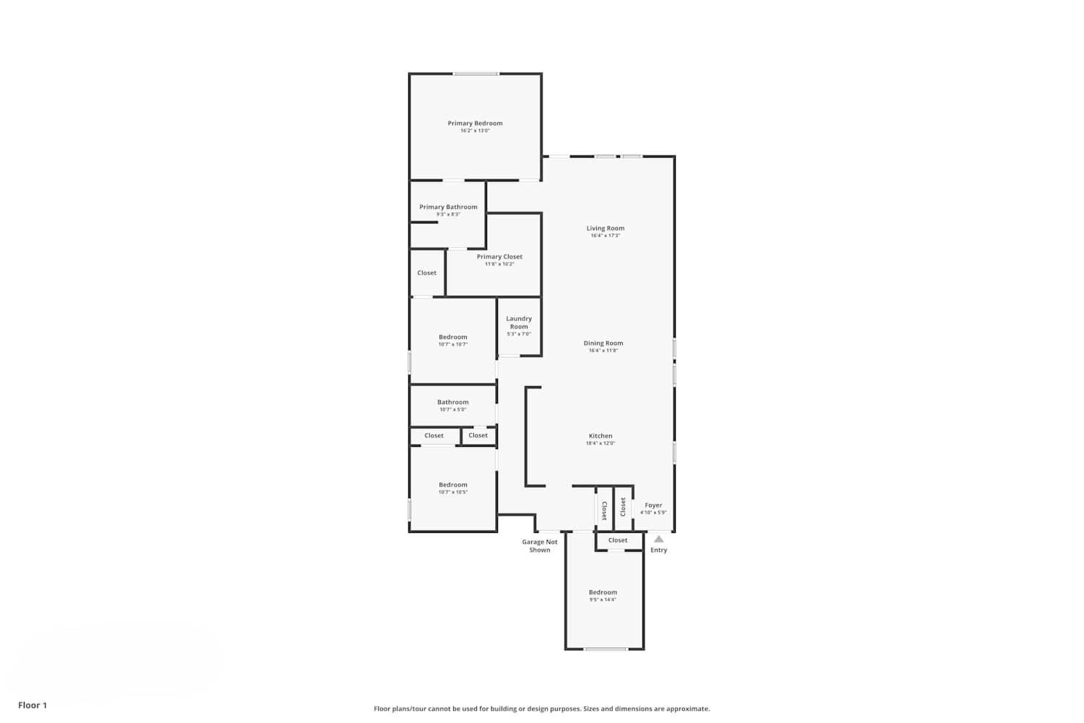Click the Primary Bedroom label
[475, 124]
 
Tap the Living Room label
[605, 228]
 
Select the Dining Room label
[603, 343]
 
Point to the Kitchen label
[601, 436]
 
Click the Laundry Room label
[519, 322]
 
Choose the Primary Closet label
[499, 257]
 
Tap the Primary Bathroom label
[448, 208]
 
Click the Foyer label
[653, 505]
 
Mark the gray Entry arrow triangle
[658, 539]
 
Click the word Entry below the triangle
[658, 550]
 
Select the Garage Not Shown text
[540, 546]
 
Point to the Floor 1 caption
[33, 705]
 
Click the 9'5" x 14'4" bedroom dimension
[603, 600]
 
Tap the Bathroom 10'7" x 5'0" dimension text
[453, 410]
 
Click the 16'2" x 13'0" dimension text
[475, 131]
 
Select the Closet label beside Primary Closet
[426, 273]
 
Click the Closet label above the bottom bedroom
[618, 540]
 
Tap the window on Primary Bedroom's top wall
[476, 74]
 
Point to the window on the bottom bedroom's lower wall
[606, 649]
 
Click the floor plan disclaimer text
[541, 709]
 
